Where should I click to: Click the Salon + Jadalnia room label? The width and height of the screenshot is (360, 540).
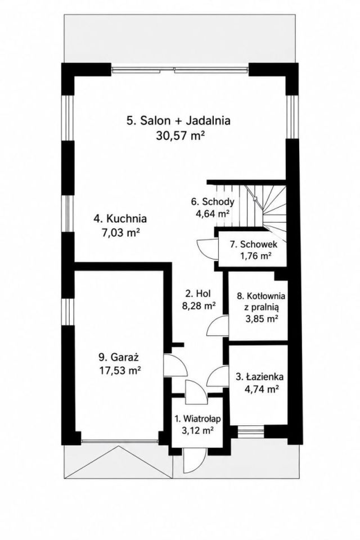pyautogui.click(x=178, y=120)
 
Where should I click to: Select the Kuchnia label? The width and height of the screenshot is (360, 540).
pyautogui.click(x=120, y=218)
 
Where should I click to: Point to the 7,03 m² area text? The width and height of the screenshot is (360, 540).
pyautogui.click(x=120, y=232)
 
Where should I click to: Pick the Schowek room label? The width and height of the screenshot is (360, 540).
pyautogui.click(x=254, y=245)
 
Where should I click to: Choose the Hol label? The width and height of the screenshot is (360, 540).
pyautogui.click(x=198, y=294)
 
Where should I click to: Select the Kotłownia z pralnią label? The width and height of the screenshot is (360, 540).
pyautogui.click(x=261, y=301)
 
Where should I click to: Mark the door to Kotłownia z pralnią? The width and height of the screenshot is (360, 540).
pyautogui.click(x=218, y=326)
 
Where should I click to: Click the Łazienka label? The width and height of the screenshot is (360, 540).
pyautogui.click(x=260, y=377)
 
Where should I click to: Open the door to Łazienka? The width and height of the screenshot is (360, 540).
pyautogui.click(x=218, y=377)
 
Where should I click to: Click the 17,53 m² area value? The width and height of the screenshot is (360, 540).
pyautogui.click(x=120, y=371)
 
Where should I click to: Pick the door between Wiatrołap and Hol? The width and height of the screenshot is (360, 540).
pyautogui.click(x=196, y=391)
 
